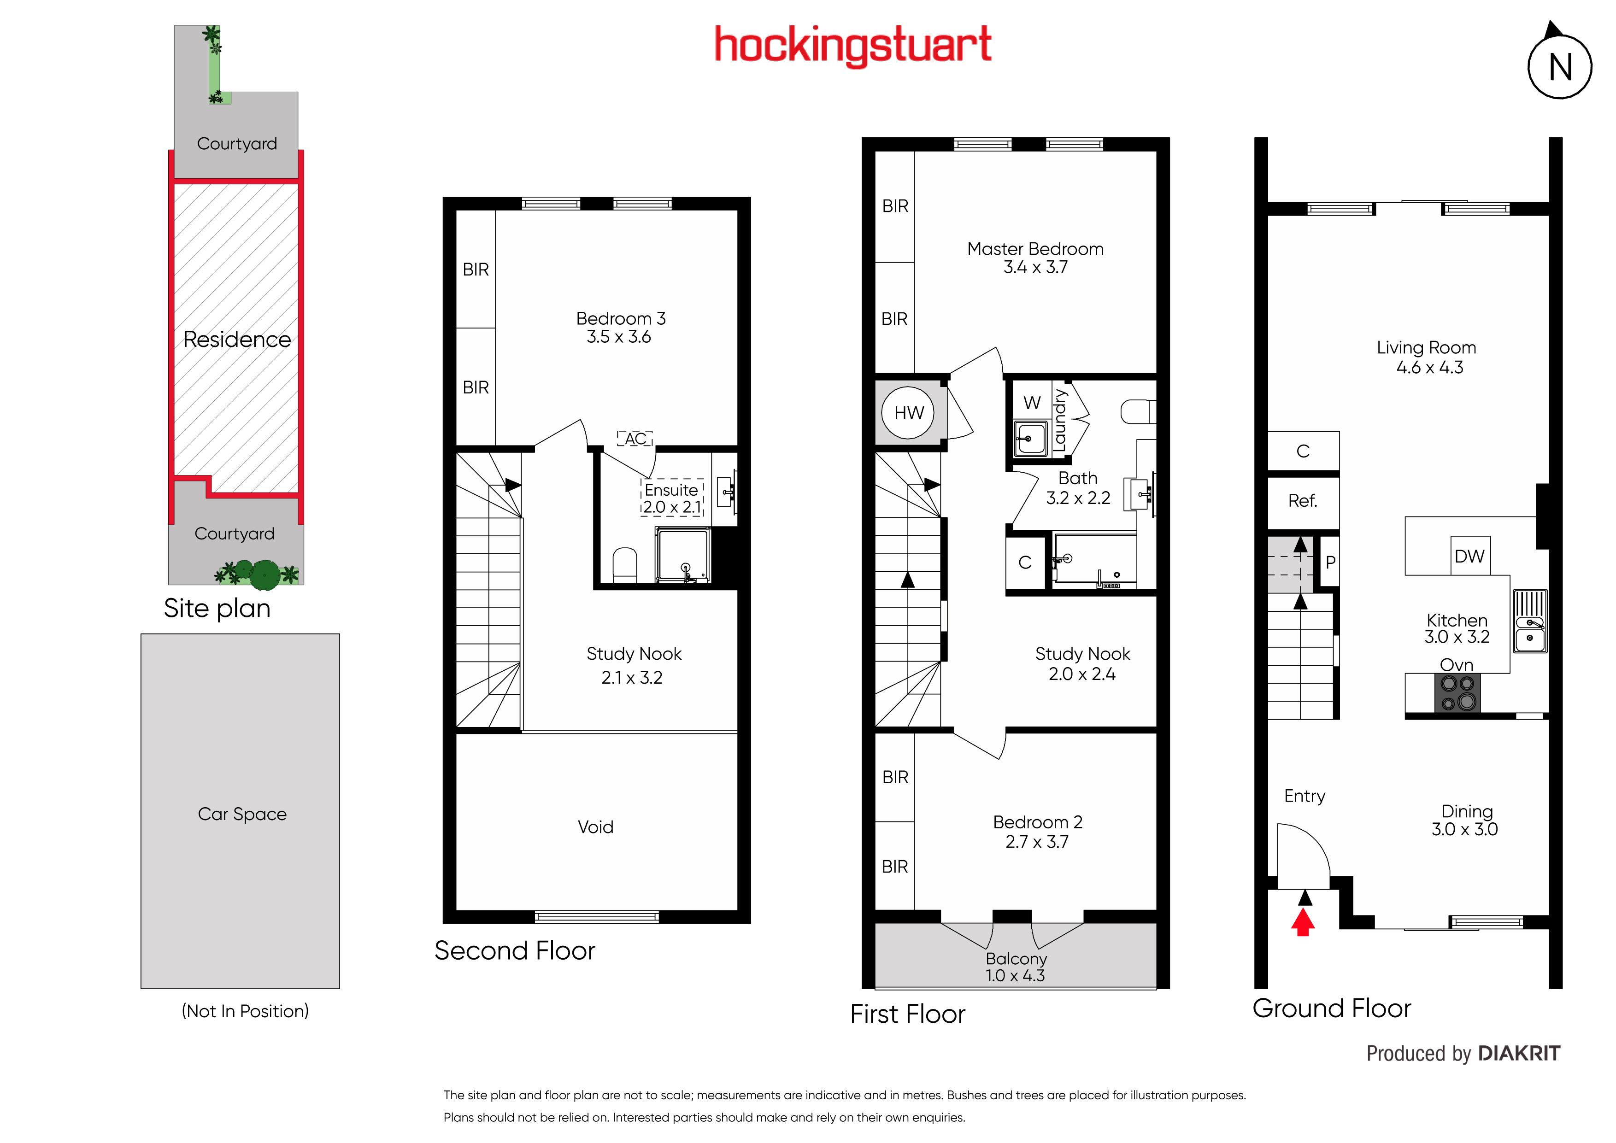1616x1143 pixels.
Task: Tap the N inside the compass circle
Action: pyautogui.click(x=1560, y=68)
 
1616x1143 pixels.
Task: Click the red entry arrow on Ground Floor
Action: pyautogui.click(x=1303, y=922)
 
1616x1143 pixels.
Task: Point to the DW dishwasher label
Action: pyautogui.click(x=1469, y=556)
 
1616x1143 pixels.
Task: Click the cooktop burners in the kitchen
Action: pyautogui.click(x=1457, y=692)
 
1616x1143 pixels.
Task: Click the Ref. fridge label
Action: pyautogui.click(x=1302, y=500)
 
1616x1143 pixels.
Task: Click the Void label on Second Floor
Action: pyautogui.click(x=595, y=826)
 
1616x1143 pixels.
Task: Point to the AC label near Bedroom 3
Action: pyautogui.click(x=635, y=439)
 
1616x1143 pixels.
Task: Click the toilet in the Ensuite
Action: pyautogui.click(x=625, y=565)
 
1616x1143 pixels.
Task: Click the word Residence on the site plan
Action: pyautogui.click(x=237, y=339)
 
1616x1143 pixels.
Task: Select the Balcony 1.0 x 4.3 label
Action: pyautogui.click(x=1016, y=967)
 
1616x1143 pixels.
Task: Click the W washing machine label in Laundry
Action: pyautogui.click(x=1032, y=403)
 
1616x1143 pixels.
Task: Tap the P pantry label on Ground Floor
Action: pyautogui.click(x=1330, y=562)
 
